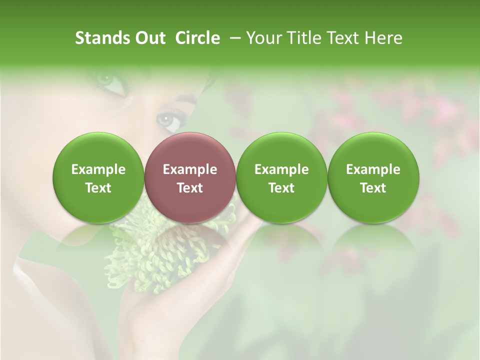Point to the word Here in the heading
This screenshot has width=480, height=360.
(x=383, y=38)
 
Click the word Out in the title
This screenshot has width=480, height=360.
(x=150, y=38)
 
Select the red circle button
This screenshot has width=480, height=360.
(x=189, y=177)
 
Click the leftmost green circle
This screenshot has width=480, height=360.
(x=98, y=177)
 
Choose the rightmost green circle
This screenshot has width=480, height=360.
(x=373, y=177)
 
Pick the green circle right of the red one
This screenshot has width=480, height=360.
(x=281, y=177)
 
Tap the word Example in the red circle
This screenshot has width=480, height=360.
(x=190, y=169)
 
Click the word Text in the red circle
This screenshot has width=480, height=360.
(x=190, y=188)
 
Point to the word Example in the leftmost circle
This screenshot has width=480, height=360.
(x=98, y=169)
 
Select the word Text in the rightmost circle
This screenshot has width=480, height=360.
(x=373, y=188)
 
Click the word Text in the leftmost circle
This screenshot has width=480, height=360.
(x=98, y=188)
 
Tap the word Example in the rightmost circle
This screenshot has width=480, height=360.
(x=373, y=169)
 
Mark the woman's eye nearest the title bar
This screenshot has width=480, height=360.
(x=107, y=80)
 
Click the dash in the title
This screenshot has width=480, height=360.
(x=233, y=38)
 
